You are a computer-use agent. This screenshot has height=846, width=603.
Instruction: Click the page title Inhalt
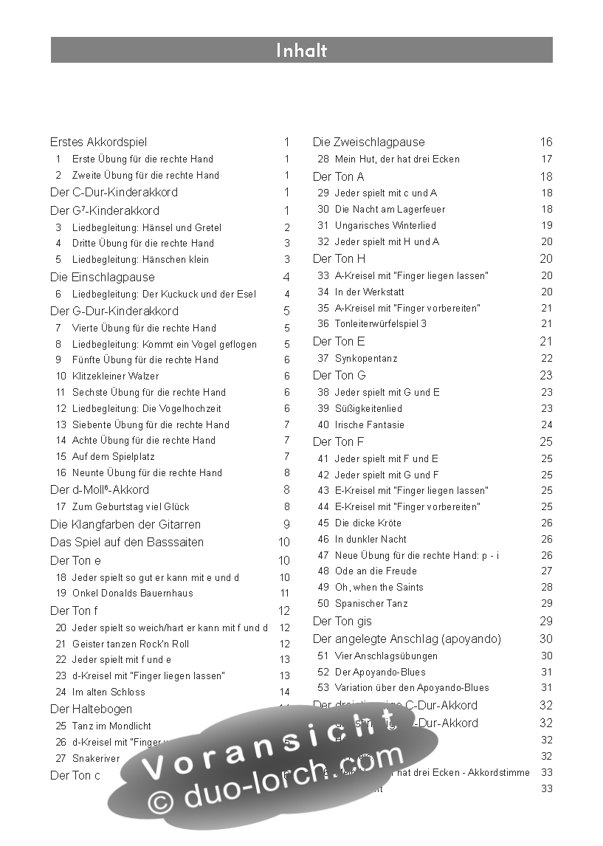(x=301, y=50)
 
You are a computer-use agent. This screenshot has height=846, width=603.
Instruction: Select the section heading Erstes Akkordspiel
(x=98, y=142)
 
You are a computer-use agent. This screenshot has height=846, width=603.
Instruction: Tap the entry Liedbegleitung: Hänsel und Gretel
(x=146, y=227)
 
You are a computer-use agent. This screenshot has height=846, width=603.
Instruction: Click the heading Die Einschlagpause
(x=103, y=277)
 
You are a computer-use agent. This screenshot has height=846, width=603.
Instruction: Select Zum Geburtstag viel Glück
(x=131, y=506)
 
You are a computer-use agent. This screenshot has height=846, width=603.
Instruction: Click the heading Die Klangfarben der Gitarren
(x=125, y=524)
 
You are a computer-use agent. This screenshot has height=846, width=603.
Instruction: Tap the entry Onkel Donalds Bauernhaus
(x=132, y=593)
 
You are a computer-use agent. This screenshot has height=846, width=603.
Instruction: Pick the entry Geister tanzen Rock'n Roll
(x=131, y=644)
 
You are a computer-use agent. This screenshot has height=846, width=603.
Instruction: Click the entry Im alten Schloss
(x=108, y=692)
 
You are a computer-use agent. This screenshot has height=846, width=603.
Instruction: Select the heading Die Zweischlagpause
(x=369, y=142)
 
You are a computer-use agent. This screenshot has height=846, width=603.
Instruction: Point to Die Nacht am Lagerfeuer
(x=390, y=209)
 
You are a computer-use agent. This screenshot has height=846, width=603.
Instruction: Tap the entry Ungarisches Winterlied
(x=385, y=225)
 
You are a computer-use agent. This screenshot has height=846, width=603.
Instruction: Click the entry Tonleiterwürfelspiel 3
(x=381, y=323)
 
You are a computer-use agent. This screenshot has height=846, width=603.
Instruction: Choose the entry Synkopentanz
(x=366, y=358)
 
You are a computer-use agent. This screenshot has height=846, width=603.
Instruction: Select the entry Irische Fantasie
(x=370, y=424)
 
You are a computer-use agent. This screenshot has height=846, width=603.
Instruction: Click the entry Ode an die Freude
(x=376, y=571)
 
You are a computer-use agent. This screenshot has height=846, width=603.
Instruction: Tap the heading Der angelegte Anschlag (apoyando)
(x=407, y=639)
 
